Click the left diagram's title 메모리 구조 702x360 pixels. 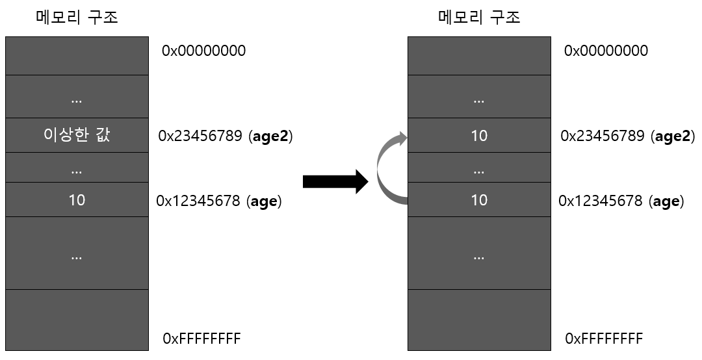(77, 17)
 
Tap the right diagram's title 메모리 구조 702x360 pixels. (479, 17)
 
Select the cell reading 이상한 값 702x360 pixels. (77, 136)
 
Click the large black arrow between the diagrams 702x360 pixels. (335, 181)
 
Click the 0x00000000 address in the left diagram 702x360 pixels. (204, 51)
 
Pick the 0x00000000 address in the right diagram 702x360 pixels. (606, 51)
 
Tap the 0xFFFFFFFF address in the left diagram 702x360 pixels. (201, 339)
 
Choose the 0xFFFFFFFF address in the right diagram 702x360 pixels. (604, 339)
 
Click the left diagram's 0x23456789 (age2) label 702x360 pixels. (225, 136)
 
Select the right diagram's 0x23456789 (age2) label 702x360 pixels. (627, 136)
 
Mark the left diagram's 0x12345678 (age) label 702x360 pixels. (219, 201)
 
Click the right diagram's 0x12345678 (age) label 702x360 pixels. (621, 201)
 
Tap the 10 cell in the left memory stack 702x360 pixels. (77, 199)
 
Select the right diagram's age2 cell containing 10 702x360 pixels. (479, 136)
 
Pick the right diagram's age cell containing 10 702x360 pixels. (479, 199)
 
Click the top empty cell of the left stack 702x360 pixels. (77, 56)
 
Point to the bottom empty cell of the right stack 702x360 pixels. (479, 320)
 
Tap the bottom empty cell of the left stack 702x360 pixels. (77, 320)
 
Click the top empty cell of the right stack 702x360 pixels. (479, 56)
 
